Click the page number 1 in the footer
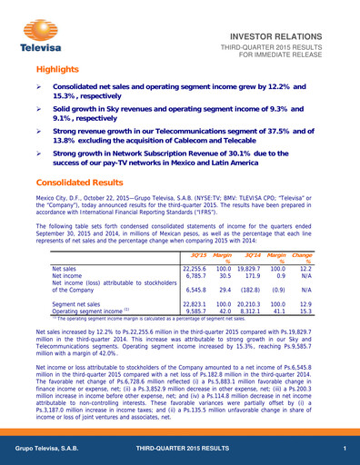tap(345, 450)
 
